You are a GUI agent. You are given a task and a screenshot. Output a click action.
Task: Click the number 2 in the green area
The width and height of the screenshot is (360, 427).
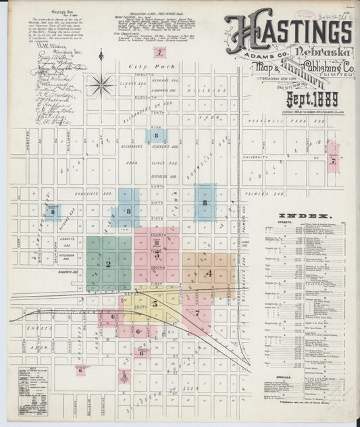pyautogui.click(x=107, y=263)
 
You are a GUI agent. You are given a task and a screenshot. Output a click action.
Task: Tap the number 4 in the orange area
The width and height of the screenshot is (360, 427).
pyautogui.click(x=209, y=274)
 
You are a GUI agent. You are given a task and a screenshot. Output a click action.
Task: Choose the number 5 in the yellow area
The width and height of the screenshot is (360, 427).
pyautogui.click(x=155, y=303)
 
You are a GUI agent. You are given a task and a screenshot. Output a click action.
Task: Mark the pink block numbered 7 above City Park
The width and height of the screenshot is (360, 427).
pyautogui.click(x=159, y=52)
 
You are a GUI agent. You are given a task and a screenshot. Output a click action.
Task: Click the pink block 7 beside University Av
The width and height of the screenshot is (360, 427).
pyautogui.click(x=332, y=161)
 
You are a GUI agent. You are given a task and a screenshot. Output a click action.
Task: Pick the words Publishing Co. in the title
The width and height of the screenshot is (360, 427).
pyautogui.click(x=317, y=69)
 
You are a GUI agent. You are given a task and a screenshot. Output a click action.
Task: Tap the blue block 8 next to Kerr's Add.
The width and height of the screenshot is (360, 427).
pyautogui.click(x=53, y=212)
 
